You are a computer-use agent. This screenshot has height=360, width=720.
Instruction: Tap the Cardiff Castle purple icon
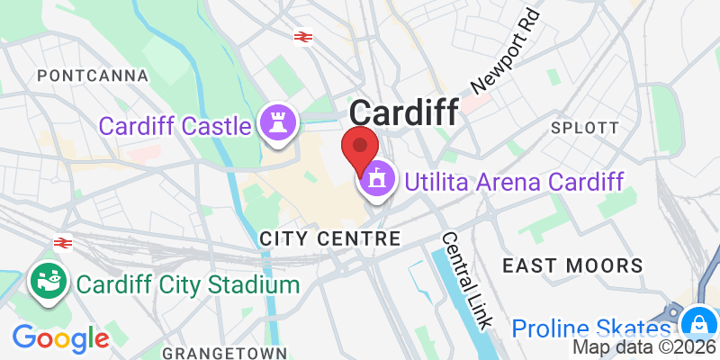click(276, 124)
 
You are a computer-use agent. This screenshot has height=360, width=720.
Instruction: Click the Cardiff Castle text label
click(175, 125)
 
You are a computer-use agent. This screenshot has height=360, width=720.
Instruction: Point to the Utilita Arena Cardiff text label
click(514, 182)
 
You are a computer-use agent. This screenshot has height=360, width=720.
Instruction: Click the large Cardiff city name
click(403, 112)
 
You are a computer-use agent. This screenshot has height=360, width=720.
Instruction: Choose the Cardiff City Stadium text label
click(187, 285)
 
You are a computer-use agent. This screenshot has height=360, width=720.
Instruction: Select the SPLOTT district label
click(585, 127)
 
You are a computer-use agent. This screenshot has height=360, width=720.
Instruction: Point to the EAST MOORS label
click(572, 265)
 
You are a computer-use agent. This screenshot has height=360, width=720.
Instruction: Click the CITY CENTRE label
click(328, 238)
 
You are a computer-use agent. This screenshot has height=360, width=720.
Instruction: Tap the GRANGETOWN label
click(225, 352)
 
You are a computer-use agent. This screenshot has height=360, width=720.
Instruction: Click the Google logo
click(60, 338)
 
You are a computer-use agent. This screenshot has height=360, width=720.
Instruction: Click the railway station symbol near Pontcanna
click(302, 36)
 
